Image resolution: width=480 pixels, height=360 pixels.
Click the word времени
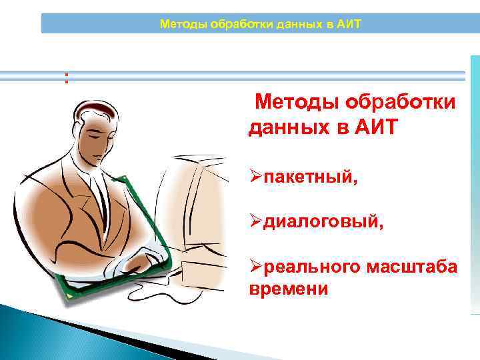click(x=288, y=289)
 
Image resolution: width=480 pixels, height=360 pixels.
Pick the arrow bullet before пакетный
click(x=255, y=179)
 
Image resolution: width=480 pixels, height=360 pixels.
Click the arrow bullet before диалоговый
click(x=255, y=223)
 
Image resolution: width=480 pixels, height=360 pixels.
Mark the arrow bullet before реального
click(x=255, y=267)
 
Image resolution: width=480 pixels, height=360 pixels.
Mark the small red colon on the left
click(x=66, y=78)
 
